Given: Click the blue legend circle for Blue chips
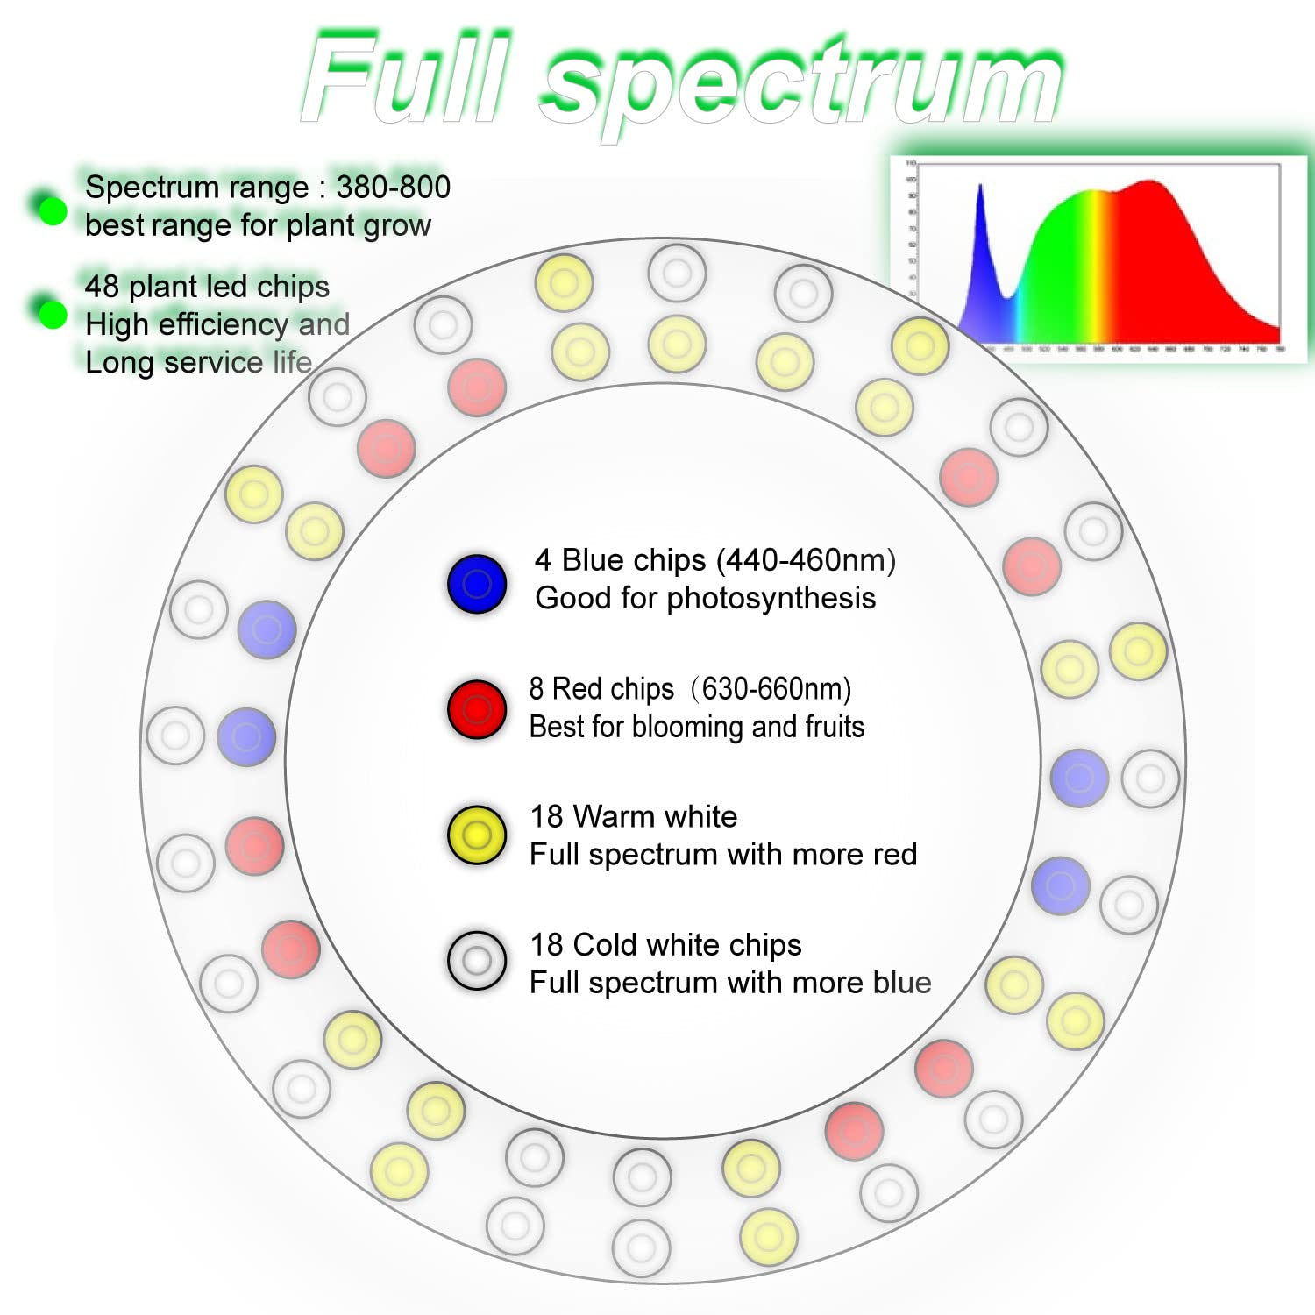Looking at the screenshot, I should click(x=476, y=584).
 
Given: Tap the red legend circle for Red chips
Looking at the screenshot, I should click(x=476, y=709).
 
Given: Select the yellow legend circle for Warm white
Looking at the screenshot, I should click(x=476, y=835).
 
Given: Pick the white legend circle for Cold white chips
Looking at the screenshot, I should click(x=476, y=961).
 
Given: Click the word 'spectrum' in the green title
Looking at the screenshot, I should click(x=802, y=83).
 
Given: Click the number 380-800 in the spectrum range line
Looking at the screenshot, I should click(x=393, y=187).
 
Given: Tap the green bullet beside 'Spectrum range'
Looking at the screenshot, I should click(x=53, y=210).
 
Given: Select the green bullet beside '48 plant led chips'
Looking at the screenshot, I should click(x=53, y=314).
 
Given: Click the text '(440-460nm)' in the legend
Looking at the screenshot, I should click(x=806, y=560).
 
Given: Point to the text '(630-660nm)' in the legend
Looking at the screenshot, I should click(x=771, y=689).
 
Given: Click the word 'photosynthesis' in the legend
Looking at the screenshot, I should click(x=771, y=598).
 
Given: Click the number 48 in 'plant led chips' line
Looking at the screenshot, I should click(x=102, y=287).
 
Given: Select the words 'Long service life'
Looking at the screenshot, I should click(x=198, y=362).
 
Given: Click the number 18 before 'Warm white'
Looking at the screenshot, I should click(x=546, y=817).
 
